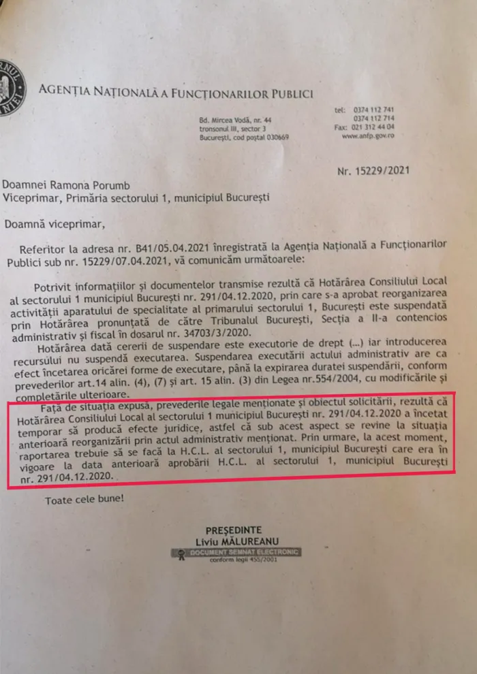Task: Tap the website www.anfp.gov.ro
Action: (x=368, y=135)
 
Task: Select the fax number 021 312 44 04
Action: (x=374, y=127)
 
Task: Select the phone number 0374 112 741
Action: (x=374, y=110)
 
